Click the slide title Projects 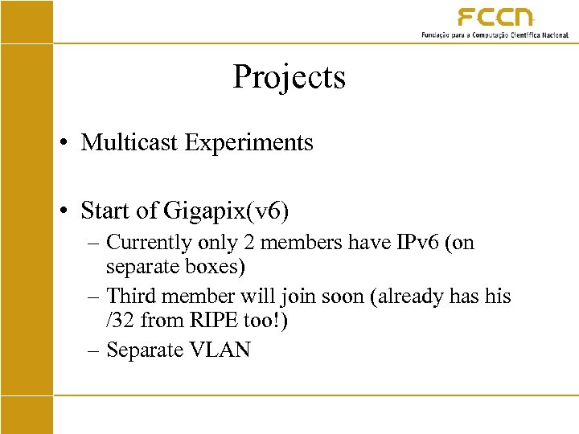[289, 77]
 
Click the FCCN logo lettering [495, 18]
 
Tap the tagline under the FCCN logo [495, 35]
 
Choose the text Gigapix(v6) [227, 211]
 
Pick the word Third [132, 296]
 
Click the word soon [341, 296]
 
